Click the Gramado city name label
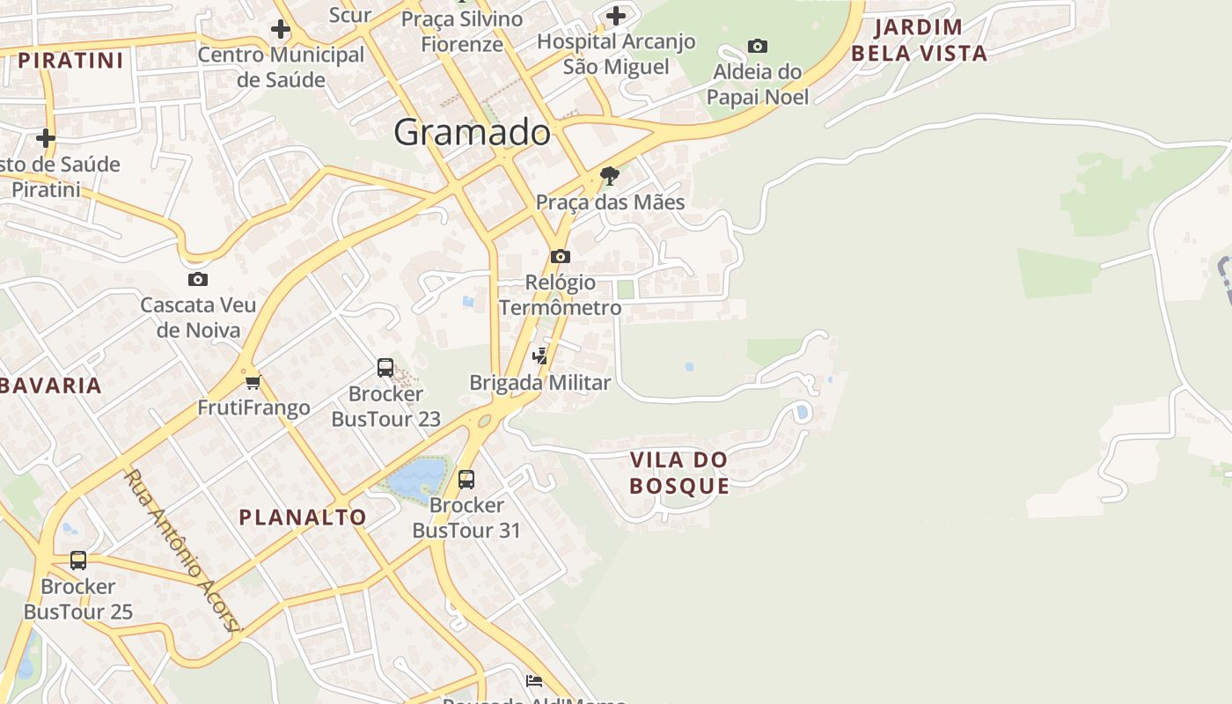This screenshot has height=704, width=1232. click(472, 132)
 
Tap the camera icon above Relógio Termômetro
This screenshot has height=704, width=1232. click(560, 257)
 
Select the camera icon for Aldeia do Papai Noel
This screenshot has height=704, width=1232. click(757, 46)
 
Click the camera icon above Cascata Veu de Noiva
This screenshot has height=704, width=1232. click(198, 280)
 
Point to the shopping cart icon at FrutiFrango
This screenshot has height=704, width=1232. click(253, 382)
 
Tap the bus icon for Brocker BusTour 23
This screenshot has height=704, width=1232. click(385, 368)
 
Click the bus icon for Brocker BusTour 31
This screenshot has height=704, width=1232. click(466, 480)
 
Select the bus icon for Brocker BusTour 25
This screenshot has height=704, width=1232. click(78, 561)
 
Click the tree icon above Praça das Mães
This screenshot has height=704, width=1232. click(609, 176)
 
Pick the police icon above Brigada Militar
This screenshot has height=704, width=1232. click(540, 356)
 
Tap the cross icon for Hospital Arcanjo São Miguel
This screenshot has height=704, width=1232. click(616, 16)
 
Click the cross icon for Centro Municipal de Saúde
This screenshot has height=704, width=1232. click(281, 29)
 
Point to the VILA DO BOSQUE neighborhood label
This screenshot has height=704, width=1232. click(679, 473)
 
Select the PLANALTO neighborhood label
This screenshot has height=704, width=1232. click(303, 517)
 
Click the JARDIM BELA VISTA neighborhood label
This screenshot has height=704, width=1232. click(919, 40)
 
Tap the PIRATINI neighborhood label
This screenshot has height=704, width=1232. click(71, 61)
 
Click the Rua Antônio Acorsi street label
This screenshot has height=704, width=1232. click(181, 551)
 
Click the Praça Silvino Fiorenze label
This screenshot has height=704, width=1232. click(462, 31)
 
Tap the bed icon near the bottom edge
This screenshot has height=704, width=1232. click(533, 680)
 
